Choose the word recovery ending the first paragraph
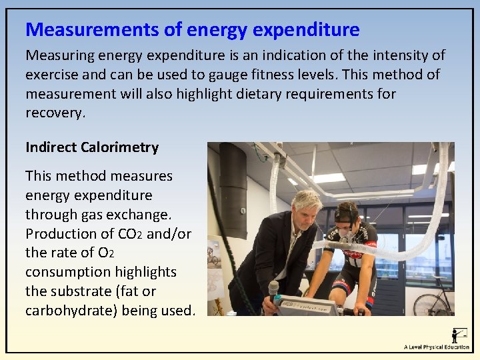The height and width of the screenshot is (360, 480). pyautogui.click(x=55, y=113)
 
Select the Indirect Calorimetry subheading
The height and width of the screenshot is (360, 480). pyautogui.click(x=92, y=147)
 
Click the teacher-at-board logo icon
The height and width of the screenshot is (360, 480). pyautogui.click(x=459, y=334)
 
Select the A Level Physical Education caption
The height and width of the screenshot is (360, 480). pyautogui.click(x=436, y=347)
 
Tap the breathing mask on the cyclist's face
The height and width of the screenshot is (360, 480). pyautogui.click(x=345, y=234)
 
